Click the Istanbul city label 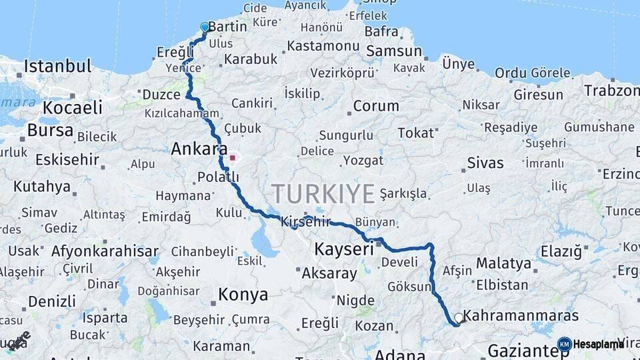57,66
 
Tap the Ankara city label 199,149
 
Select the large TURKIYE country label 323,194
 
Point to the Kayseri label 343,249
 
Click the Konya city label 243,294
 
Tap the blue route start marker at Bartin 205,27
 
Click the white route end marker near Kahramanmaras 459,319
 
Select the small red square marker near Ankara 232,158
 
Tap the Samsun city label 394,51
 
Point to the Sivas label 485,163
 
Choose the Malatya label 503,263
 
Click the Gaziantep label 527,350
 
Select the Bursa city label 50,130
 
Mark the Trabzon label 611,89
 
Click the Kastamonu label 323,46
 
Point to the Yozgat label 363,160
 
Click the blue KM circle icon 564,344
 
